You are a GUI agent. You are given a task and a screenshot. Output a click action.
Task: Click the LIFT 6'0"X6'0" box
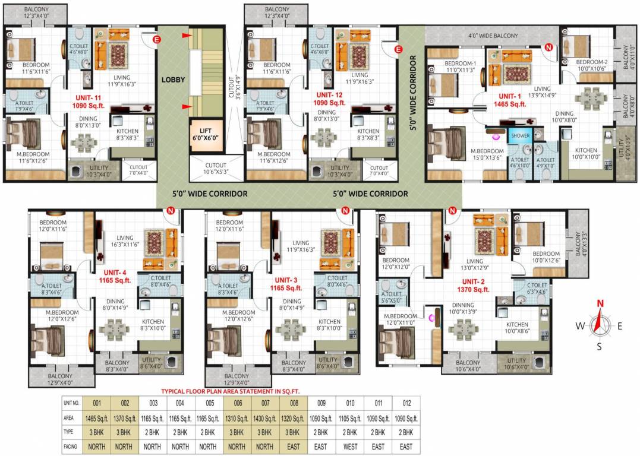click(x=201, y=137)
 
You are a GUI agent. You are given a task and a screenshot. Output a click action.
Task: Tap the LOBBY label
click(x=173, y=80)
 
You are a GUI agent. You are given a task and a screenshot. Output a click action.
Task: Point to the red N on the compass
click(x=600, y=303)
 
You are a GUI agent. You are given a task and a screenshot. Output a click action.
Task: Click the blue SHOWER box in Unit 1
click(x=520, y=136)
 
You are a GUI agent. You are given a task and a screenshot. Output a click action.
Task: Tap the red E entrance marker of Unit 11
click(x=157, y=40)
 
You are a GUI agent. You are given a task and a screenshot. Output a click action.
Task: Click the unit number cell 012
click(x=406, y=403)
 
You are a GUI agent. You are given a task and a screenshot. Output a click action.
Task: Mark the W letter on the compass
click(x=580, y=325)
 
